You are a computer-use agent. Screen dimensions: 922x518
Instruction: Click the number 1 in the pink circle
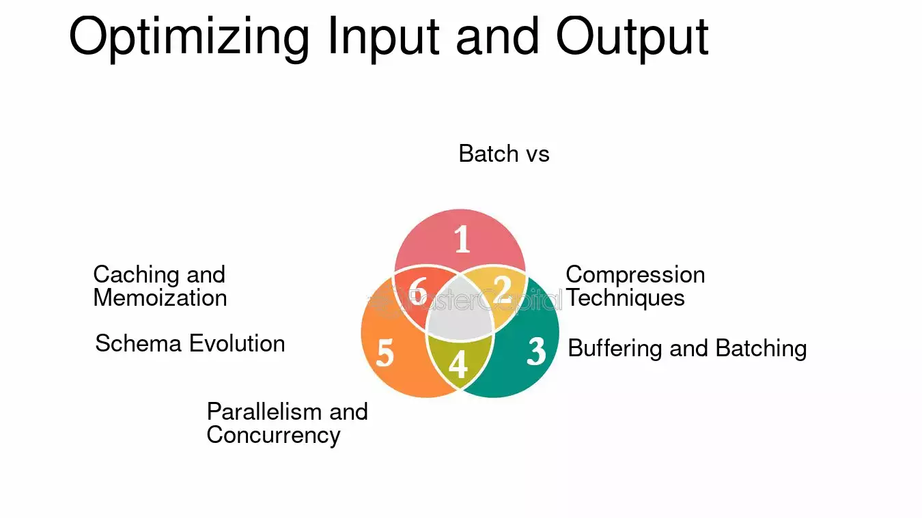pos(462,239)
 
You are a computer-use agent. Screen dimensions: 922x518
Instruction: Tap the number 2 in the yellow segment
pos(502,289)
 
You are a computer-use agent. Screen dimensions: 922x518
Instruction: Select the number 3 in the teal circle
pos(537,351)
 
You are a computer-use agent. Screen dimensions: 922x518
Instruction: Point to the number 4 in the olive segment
pos(458,364)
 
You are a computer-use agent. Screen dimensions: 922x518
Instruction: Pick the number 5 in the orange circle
pos(385,353)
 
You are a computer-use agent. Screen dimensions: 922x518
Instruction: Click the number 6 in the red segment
pos(418,291)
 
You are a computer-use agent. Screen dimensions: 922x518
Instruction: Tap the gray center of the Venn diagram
pos(460,311)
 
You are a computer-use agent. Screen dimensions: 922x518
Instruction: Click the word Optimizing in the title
pos(189,37)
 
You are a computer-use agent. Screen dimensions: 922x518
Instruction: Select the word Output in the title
pos(632,37)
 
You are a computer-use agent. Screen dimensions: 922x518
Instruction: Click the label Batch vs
pos(504,154)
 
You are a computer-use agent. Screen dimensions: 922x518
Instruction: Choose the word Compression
pos(635,274)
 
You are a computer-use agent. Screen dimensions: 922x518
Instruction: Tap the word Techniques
pos(625,298)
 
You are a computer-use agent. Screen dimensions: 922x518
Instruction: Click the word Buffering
pos(615,349)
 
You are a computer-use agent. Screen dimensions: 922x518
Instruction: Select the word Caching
pos(137,275)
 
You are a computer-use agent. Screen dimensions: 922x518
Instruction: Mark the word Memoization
pos(160,298)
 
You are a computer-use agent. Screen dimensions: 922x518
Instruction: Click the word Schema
pos(138,343)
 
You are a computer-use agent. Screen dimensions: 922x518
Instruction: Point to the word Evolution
pos(237,343)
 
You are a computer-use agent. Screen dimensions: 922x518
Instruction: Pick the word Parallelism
pos(264,412)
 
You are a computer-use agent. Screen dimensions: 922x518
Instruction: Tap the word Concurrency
pos(273,435)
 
